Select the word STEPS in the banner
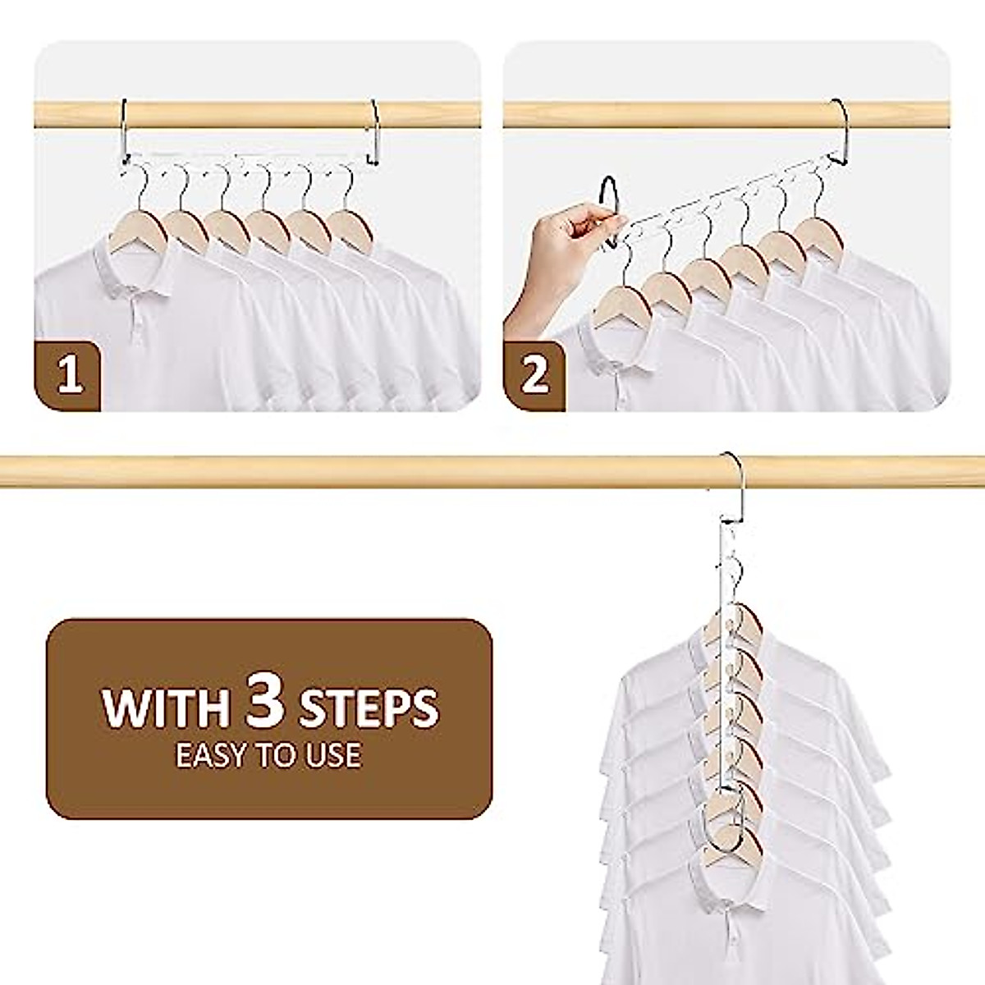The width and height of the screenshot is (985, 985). coord(369,707)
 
